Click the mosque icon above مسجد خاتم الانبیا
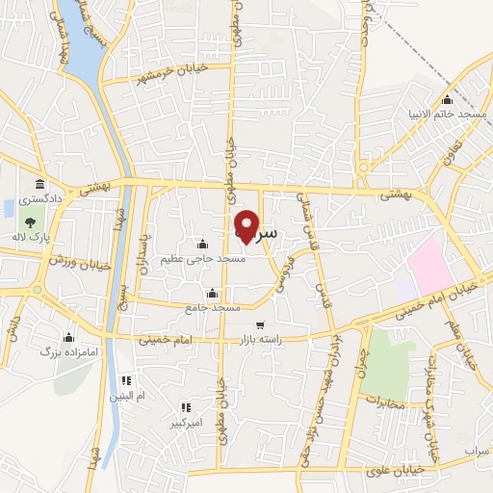[446, 99]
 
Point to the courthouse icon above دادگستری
[39, 183]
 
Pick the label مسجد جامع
[214, 306]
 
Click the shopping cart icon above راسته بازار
[260, 324]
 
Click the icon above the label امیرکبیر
[185, 407]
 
